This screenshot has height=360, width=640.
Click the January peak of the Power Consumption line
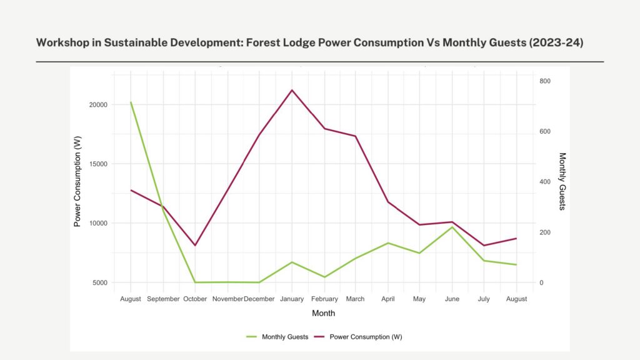(292, 90)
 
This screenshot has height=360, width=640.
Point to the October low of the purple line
(195, 245)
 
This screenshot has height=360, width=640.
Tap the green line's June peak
(452, 227)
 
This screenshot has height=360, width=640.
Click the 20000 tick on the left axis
(98, 105)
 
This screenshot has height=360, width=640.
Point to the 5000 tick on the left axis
(100, 282)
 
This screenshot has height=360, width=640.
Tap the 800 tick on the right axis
(528, 81)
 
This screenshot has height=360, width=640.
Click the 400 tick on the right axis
(528, 182)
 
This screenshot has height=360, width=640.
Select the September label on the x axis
(163, 299)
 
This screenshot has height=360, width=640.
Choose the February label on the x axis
(324, 299)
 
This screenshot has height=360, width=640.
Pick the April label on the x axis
(388, 299)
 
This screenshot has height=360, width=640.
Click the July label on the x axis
(484, 299)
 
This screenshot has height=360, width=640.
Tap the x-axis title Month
(323, 313)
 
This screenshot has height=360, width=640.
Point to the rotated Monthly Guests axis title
(562, 181)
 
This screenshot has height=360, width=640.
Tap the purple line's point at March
(356, 136)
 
